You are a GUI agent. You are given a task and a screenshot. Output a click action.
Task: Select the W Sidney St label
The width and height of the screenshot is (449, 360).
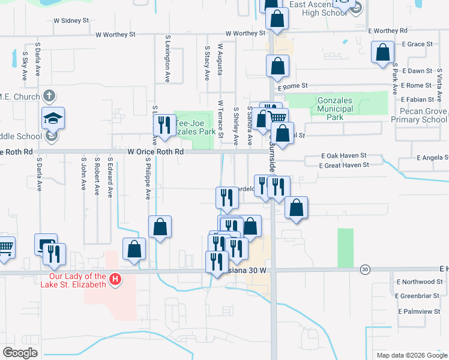tap(71, 20)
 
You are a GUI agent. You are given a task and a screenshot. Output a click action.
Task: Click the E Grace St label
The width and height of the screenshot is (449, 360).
tap(417, 44)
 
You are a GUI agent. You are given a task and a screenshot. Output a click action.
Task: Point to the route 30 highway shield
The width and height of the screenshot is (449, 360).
tap(365, 270)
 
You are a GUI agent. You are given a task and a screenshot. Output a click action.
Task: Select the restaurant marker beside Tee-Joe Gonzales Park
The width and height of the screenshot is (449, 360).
tap(163, 125)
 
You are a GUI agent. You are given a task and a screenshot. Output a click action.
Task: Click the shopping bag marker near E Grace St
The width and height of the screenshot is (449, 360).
tap(382, 53)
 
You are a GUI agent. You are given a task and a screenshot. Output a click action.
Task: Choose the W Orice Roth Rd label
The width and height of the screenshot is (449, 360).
tap(155, 152)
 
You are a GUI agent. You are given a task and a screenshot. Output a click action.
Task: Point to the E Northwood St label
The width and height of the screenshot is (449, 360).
tap(420, 281)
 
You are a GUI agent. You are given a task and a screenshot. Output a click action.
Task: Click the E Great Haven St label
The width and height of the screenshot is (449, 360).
tap(343, 165)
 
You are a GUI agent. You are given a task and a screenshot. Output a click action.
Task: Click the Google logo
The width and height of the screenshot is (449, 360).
tap(20, 352)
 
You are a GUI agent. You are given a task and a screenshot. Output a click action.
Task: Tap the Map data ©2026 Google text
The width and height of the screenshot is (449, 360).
tap(411, 355)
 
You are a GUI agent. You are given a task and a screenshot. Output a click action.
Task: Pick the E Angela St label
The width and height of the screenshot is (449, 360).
tap(433, 158)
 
